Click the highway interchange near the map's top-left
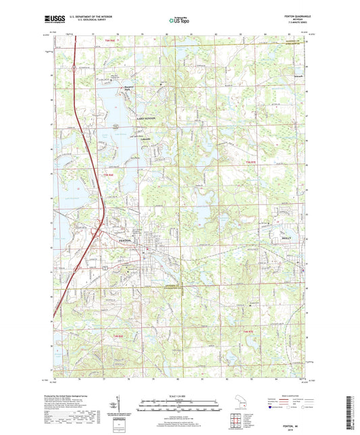(72, 66)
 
